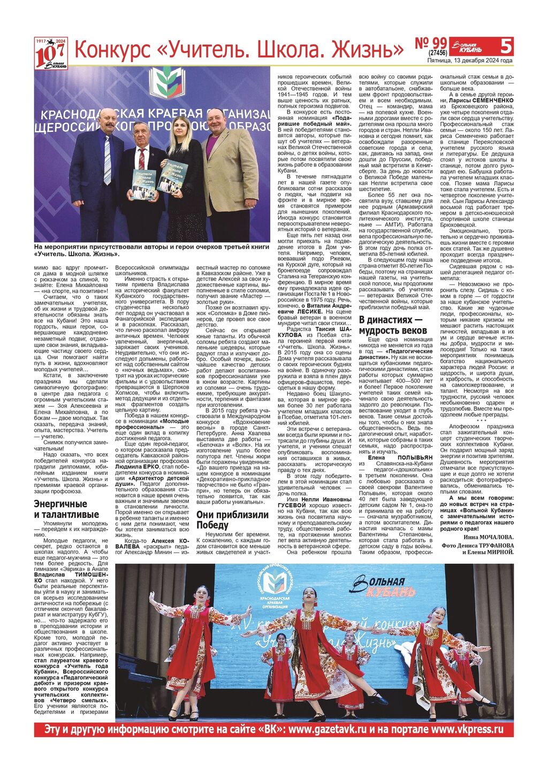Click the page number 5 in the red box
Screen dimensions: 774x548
click(x=505, y=46)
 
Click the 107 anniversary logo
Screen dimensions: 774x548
click(x=51, y=53)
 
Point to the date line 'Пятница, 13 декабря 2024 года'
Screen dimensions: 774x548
click(x=470, y=60)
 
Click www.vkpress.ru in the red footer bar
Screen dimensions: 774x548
click(x=467, y=729)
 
